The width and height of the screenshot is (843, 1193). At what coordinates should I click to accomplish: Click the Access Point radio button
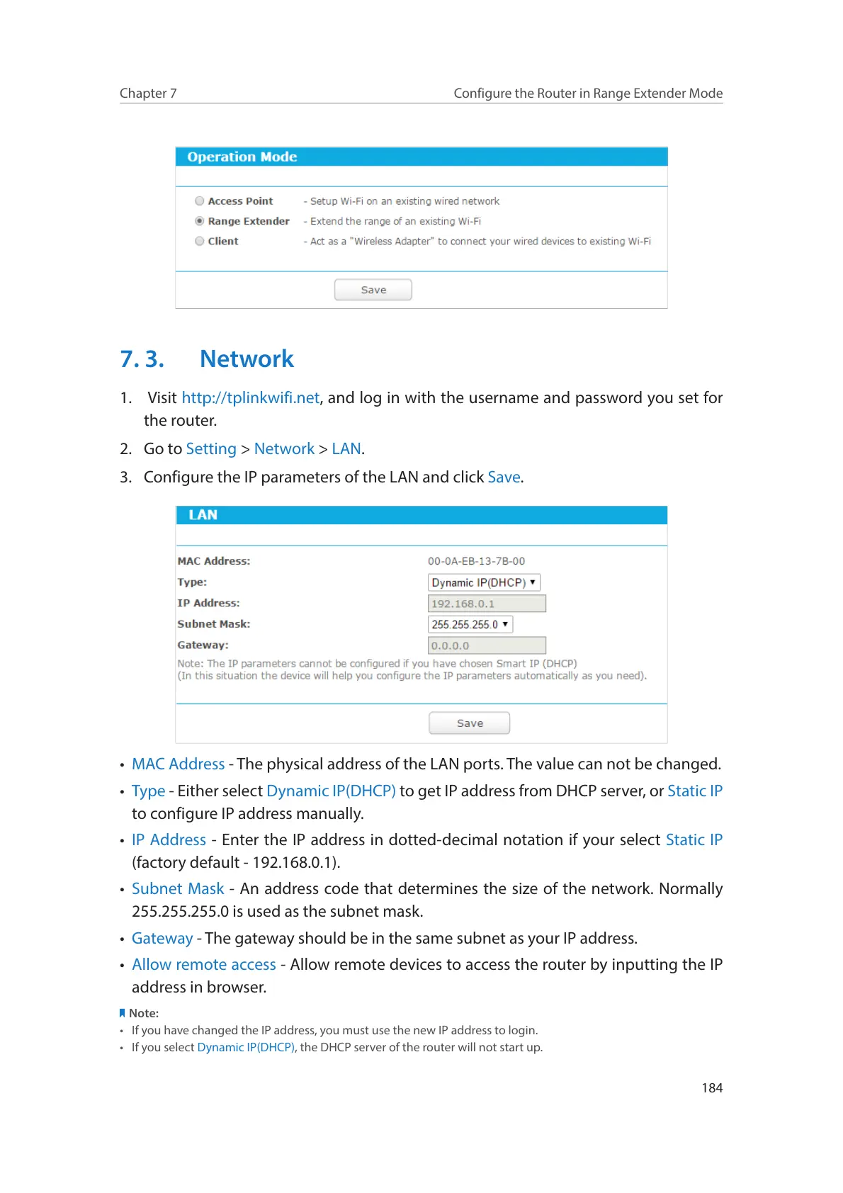click(200, 201)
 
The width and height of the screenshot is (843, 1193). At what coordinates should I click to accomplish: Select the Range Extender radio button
click(200, 221)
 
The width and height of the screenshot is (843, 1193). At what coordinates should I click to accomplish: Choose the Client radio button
click(200, 241)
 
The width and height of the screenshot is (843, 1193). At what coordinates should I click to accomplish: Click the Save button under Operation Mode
click(373, 290)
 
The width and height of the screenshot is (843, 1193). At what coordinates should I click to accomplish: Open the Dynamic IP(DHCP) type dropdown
click(484, 582)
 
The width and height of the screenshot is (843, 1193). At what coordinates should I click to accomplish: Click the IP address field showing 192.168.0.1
click(487, 604)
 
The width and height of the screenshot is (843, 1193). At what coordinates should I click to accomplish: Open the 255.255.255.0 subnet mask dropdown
click(470, 624)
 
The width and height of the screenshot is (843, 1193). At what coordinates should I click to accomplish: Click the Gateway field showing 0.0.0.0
click(487, 645)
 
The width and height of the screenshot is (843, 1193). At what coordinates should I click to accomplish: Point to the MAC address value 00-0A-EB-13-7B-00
click(476, 561)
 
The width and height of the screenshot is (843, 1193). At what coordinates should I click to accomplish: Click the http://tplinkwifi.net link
click(250, 398)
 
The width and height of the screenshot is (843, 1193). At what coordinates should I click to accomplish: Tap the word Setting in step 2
click(211, 449)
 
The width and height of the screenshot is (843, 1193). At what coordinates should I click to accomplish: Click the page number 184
click(712, 1088)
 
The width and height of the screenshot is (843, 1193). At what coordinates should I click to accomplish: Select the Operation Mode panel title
click(242, 157)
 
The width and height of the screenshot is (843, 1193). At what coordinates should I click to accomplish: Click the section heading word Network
click(247, 359)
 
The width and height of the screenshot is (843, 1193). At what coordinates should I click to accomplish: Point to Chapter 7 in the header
click(148, 94)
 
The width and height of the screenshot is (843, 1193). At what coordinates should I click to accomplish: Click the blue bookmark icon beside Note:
click(123, 1013)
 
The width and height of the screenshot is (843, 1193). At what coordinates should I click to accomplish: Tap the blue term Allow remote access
click(204, 965)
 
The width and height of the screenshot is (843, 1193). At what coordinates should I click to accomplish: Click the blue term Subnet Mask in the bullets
click(178, 889)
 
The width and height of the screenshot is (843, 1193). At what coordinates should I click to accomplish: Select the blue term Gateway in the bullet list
click(162, 939)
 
